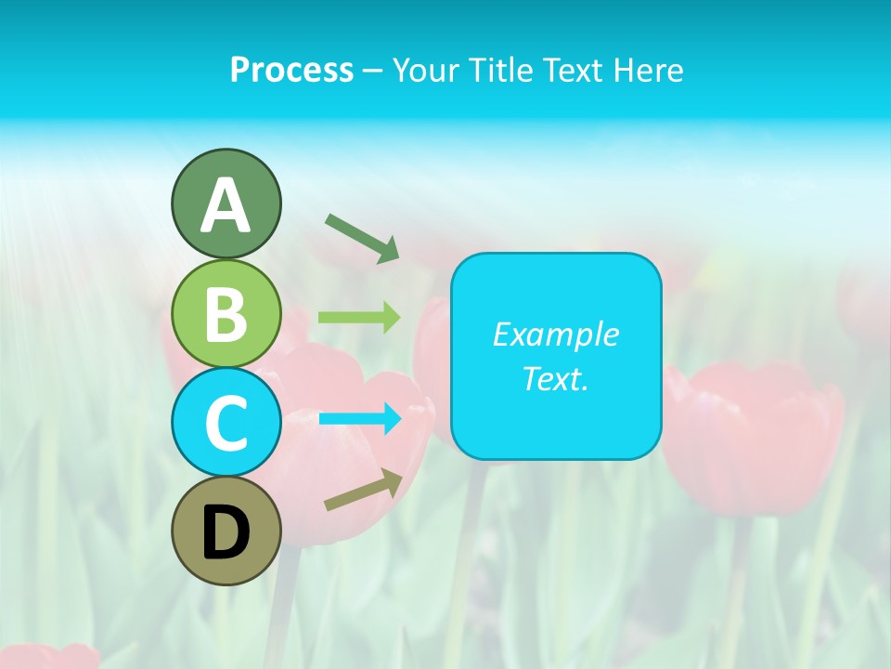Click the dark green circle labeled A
[x=226, y=203]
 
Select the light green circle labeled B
[x=226, y=313]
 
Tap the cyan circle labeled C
[x=226, y=422]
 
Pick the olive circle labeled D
[x=226, y=531]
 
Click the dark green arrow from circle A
[x=362, y=237]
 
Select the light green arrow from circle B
[x=359, y=318]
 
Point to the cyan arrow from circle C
[x=360, y=418]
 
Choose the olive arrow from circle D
[x=363, y=490]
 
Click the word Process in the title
[x=291, y=70]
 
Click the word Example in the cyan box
[x=555, y=334]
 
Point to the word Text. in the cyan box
[x=555, y=379]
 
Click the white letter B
[x=226, y=314]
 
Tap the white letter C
[x=226, y=423]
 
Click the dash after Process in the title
[x=372, y=72]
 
